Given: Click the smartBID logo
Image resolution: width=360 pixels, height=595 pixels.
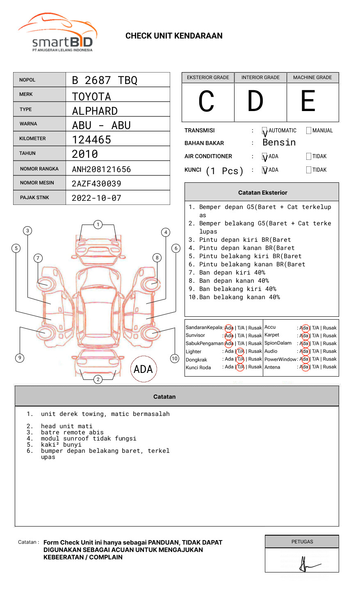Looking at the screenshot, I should (57, 33).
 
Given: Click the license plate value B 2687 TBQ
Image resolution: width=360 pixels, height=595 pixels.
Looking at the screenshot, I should (105, 80).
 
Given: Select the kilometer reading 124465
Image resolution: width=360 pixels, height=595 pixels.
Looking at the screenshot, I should (91, 140).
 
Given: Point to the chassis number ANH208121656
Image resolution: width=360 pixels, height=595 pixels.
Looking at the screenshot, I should (101, 169).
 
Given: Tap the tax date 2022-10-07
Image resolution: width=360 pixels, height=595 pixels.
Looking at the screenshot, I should (96, 198).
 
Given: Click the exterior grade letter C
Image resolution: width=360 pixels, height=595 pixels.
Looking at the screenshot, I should (206, 102).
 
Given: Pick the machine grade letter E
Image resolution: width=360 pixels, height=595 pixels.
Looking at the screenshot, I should (308, 102).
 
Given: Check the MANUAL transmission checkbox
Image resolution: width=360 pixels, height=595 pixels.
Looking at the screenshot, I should (309, 131).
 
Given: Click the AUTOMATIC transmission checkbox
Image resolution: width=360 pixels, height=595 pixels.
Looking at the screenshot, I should (264, 131).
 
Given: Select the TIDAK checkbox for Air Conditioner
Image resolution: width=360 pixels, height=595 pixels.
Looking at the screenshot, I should (309, 157).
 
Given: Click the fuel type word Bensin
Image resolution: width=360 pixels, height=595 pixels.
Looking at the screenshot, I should (279, 143).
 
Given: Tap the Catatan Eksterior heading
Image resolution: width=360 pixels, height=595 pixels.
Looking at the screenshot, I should (262, 193).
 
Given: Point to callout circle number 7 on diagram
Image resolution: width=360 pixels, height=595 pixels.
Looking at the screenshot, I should (38, 258).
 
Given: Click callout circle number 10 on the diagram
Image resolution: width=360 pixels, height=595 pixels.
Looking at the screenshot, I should (175, 359).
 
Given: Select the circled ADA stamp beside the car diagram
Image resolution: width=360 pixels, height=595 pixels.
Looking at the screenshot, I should (144, 369).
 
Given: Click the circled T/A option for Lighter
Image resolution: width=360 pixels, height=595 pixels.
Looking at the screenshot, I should (240, 351).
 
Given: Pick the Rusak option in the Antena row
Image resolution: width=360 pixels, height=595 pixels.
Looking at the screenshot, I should (330, 367).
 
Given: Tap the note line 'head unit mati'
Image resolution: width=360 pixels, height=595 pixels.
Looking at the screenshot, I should (66, 426).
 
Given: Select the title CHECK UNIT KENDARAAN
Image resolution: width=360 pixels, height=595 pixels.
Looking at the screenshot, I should (174, 36).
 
